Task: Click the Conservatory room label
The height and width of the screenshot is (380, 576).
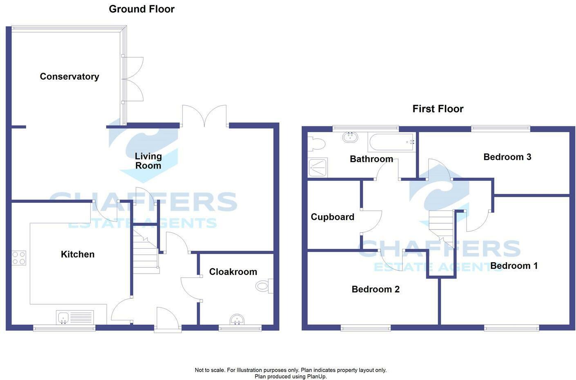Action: tap(69, 76)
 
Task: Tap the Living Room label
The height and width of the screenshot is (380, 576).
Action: tap(148, 161)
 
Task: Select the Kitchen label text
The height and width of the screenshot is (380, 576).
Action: tap(78, 254)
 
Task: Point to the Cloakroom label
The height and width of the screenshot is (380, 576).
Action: tap(233, 272)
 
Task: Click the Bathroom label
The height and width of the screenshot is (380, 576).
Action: tap(371, 159)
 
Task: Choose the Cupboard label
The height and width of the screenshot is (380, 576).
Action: tap(333, 217)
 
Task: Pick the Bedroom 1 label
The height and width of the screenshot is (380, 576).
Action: tap(514, 266)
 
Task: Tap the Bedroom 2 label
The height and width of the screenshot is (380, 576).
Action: tap(375, 290)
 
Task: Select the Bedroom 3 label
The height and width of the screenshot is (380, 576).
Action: tap(507, 157)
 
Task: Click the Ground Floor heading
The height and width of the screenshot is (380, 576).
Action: tap(142, 9)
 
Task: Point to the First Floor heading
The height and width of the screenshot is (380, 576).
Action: tap(438, 109)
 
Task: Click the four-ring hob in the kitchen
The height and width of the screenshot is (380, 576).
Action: tap(19, 258)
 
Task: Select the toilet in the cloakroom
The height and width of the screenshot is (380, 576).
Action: tap(263, 286)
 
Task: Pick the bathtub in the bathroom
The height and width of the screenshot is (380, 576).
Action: tap(391, 142)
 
